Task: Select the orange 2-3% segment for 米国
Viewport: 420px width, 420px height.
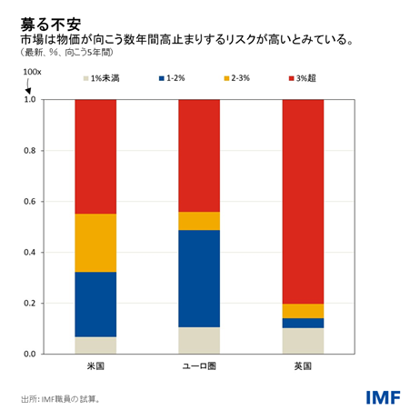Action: [95, 243]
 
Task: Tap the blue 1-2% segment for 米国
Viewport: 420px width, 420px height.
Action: [95, 304]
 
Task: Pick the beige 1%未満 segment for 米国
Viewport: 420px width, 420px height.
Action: [95, 345]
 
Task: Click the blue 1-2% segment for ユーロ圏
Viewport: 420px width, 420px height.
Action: [199, 278]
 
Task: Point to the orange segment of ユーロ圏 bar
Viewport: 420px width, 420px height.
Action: [199, 221]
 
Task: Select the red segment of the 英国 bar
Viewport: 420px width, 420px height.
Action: [303, 201]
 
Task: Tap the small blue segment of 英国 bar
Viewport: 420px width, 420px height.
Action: [303, 323]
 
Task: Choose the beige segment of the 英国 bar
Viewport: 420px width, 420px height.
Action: [303, 341]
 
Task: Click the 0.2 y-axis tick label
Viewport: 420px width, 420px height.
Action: [30, 303]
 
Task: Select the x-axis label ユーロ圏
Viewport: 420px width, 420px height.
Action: [199, 366]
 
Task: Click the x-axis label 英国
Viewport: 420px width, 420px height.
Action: [303, 366]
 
